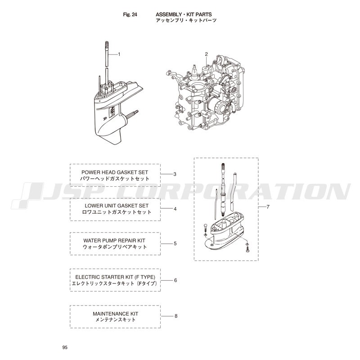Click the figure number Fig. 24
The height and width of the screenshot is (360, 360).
tap(130, 14)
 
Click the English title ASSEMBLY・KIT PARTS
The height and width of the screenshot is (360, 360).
tap(184, 14)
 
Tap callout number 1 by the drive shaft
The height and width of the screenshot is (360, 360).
tap(119, 54)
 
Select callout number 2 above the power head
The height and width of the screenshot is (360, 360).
tap(206, 54)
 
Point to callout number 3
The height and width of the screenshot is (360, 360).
tap(175, 174)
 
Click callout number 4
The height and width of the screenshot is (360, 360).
tap(175, 209)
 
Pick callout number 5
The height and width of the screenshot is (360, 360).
tap(175, 243)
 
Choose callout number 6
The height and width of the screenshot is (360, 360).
tap(175, 280)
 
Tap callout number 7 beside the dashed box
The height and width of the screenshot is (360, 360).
tap(268, 207)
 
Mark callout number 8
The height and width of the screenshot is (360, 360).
tap(176, 316)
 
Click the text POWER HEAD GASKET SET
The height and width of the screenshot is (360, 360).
tap(115, 172)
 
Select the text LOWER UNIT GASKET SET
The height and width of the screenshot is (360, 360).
tap(117, 206)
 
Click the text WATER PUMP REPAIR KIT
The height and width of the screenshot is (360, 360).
tap(114, 241)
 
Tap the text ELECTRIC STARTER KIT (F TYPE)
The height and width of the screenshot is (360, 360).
tap(115, 277)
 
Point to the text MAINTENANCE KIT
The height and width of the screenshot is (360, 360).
tap(116, 314)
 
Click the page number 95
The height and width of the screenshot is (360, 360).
tap(65, 347)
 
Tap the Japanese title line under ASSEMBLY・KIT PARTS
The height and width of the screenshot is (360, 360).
tap(186, 20)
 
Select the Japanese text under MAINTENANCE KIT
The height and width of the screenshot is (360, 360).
tap(116, 319)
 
